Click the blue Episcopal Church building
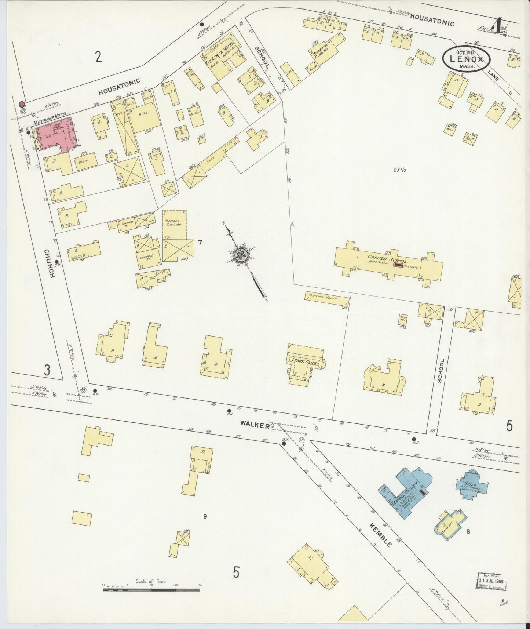(407, 492)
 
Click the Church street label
(48, 263)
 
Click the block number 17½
(401, 170)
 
